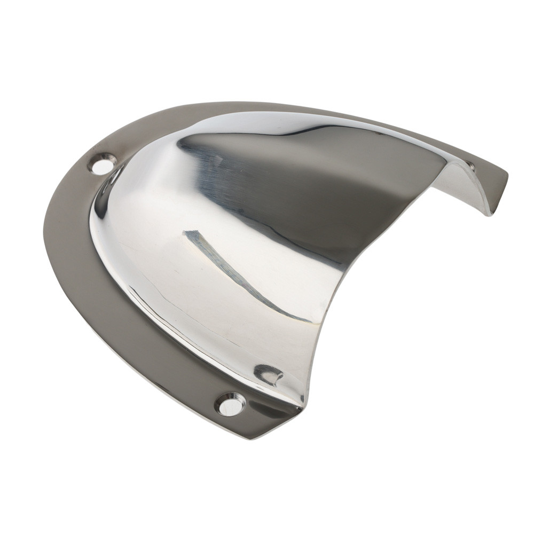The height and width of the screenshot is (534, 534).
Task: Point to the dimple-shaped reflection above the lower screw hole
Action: (269, 374)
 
